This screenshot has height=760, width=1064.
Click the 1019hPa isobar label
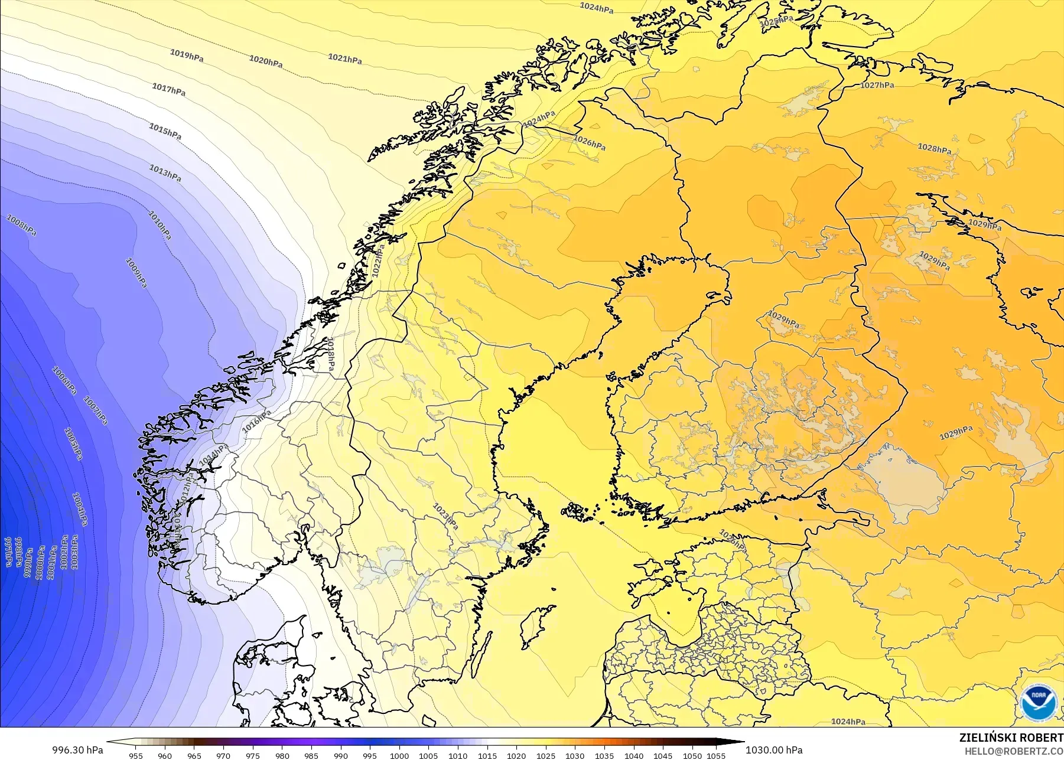(x=187, y=55)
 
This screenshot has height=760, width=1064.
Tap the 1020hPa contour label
(x=265, y=61)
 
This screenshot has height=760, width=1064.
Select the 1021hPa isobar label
(x=345, y=58)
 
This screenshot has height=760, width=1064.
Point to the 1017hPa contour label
(x=168, y=89)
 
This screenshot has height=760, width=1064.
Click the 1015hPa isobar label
(x=165, y=132)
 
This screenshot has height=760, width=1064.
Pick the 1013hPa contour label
(x=165, y=174)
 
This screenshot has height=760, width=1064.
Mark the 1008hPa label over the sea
(x=21, y=225)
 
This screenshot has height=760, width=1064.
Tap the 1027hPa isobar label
(x=877, y=86)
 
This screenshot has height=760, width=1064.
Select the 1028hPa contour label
(x=934, y=148)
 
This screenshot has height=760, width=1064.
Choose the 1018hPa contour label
(x=331, y=354)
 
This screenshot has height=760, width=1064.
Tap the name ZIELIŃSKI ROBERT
(x=1011, y=738)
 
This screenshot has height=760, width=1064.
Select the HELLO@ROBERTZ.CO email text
(x=1014, y=751)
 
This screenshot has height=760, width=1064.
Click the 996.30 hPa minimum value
(x=77, y=750)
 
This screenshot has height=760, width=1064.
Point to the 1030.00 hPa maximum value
(x=773, y=750)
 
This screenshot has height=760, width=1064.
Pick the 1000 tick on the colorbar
(x=399, y=755)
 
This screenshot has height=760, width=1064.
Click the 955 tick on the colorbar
(x=136, y=755)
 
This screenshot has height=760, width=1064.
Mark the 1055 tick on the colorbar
(x=715, y=755)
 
